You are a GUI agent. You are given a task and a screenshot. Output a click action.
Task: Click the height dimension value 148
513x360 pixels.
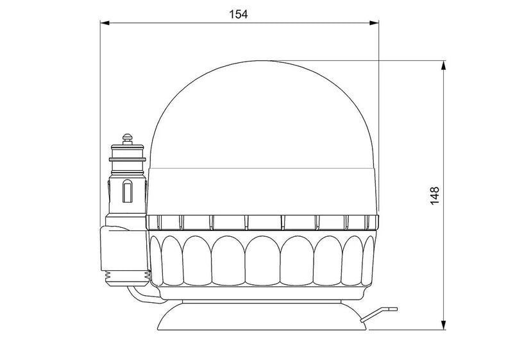[435, 194]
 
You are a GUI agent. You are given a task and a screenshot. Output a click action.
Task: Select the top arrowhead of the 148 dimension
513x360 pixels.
[444, 65]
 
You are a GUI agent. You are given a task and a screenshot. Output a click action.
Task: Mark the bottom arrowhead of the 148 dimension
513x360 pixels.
[444, 326]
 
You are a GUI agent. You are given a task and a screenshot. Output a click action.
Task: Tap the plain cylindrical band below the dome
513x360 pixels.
[263, 191]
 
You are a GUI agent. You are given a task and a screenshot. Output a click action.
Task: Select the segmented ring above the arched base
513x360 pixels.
[263, 223]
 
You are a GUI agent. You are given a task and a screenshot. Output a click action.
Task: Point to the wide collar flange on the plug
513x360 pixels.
[128, 157]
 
